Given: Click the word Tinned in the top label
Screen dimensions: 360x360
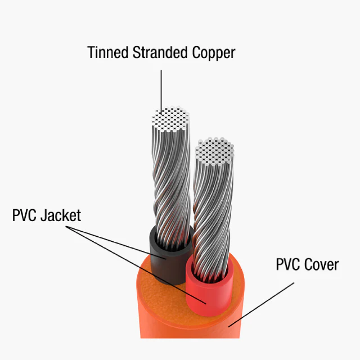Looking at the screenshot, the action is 107,52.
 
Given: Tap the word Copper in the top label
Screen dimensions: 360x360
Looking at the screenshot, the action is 214,53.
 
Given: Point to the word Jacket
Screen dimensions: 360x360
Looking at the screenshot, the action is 61,215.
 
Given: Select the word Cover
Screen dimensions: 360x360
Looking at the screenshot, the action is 321,264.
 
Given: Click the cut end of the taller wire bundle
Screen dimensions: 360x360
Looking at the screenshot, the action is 170,119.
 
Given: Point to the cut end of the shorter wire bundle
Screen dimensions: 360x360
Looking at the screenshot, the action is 215,151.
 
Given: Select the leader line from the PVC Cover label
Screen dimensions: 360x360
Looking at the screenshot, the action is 261,305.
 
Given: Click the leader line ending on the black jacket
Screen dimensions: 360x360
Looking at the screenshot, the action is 116,242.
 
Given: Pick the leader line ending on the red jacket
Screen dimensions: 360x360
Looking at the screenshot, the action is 136,265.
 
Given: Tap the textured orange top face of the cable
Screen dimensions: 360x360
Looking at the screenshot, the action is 161,299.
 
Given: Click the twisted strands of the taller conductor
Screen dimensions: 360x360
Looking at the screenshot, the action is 172,184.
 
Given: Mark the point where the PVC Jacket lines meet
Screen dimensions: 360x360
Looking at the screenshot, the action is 66,226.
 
